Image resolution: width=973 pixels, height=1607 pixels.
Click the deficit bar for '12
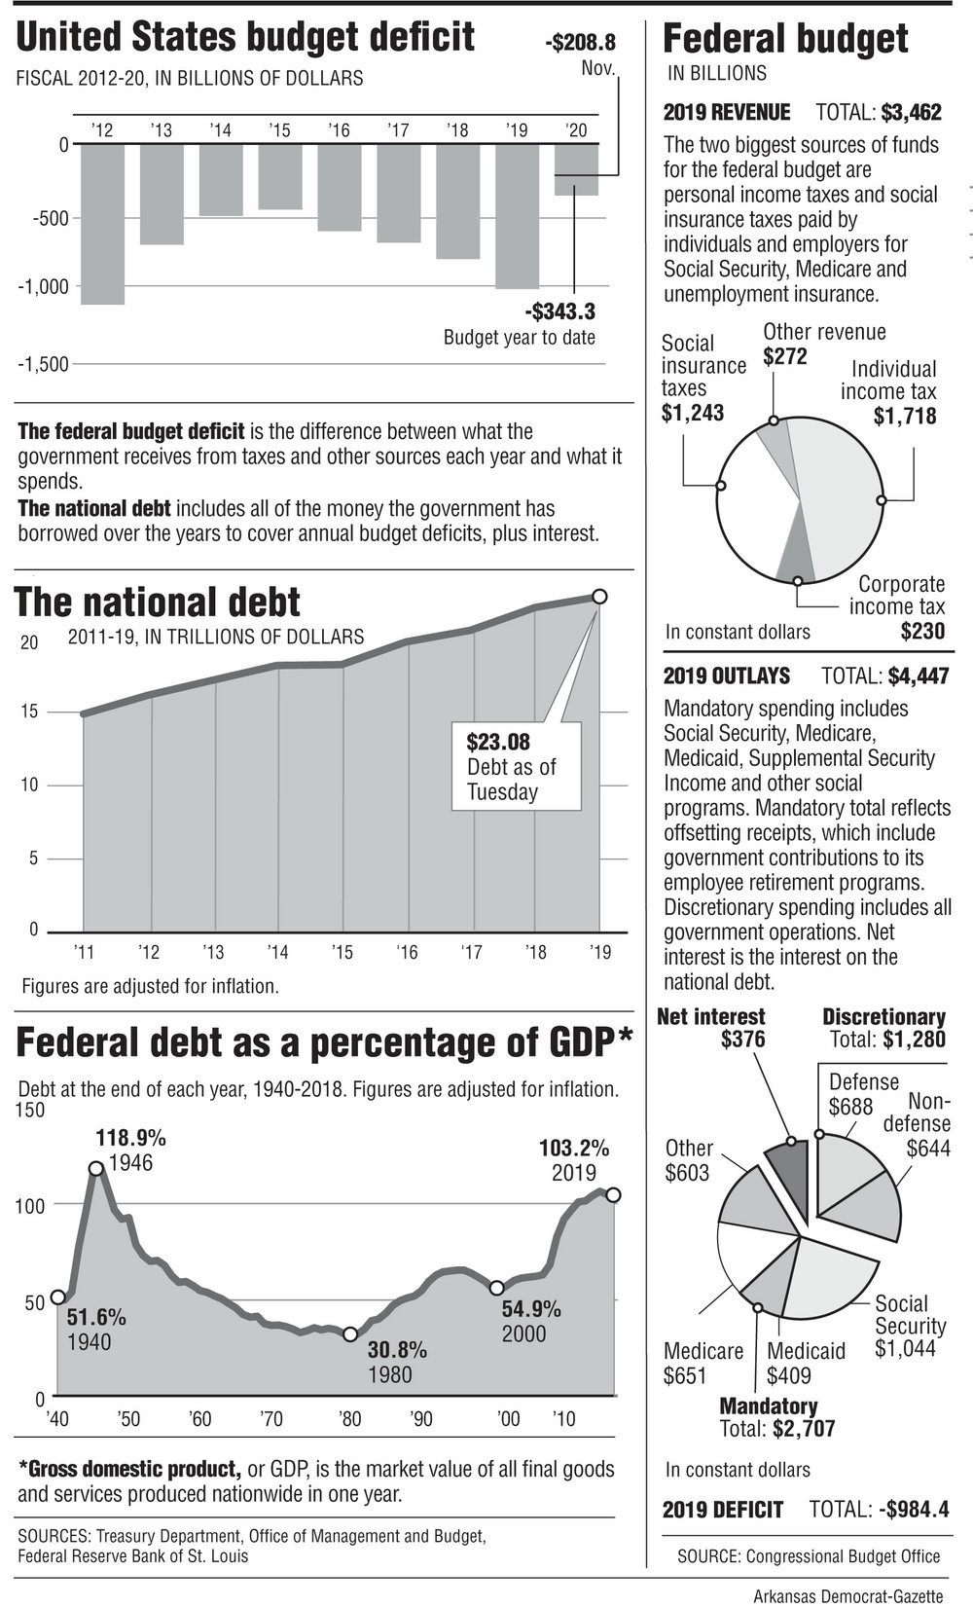102,224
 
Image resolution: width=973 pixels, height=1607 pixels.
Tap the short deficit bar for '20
576,170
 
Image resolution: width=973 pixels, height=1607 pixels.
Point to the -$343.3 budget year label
559,312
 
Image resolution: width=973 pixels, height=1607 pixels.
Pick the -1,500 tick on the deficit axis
43,364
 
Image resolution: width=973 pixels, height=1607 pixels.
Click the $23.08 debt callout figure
498,742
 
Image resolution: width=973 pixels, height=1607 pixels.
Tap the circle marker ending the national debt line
599,596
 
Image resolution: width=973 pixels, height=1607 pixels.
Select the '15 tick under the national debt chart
342,952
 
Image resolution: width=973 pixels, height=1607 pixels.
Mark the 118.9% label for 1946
130,1137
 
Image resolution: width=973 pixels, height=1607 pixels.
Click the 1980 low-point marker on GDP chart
351,1333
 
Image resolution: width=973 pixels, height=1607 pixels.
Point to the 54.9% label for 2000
531,1309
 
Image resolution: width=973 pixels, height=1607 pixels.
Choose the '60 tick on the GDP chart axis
200,1419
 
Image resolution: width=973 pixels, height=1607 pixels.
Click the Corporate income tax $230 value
922,631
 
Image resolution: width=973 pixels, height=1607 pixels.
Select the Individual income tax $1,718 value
905,417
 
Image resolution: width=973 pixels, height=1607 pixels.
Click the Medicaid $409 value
788,1375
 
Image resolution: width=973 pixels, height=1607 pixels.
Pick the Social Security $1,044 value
905,1348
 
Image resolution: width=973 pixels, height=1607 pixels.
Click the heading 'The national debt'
158,603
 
